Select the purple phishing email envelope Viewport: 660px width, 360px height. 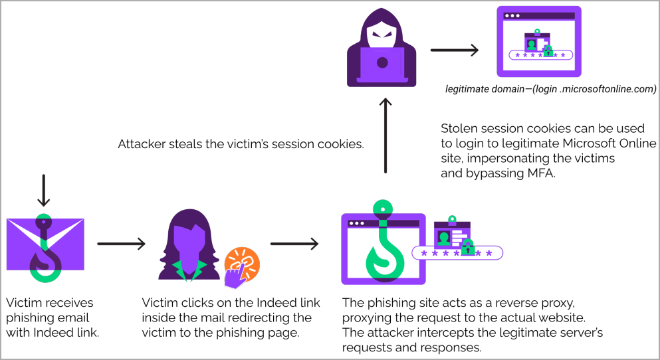(x=45, y=244)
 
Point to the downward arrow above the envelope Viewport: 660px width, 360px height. (x=43, y=191)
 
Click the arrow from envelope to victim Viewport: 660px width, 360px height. (x=121, y=244)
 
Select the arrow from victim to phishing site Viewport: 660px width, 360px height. (x=294, y=244)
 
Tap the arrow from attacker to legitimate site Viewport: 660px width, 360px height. (x=455, y=50)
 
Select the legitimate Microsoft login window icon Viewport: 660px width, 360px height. (x=539, y=42)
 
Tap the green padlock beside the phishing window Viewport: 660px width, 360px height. (x=468, y=247)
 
